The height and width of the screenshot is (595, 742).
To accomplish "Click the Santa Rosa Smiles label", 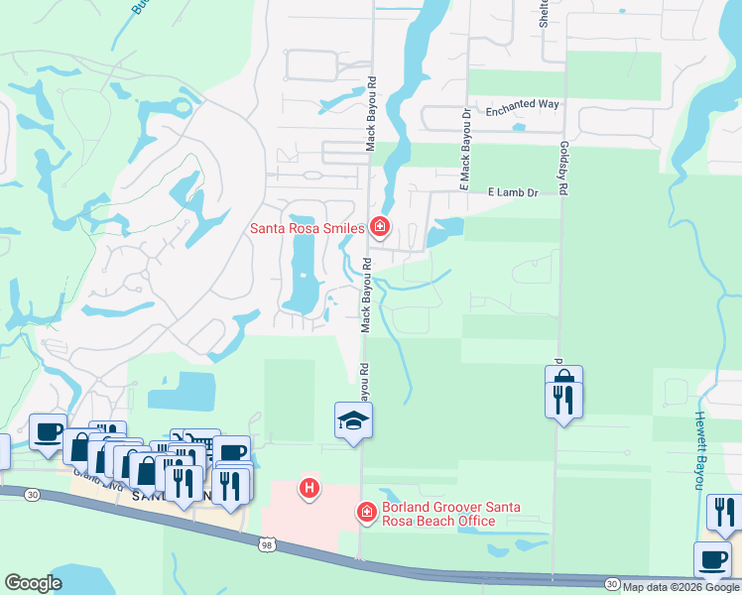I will pos(307,227).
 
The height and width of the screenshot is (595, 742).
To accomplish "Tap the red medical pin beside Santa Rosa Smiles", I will pos(380,227).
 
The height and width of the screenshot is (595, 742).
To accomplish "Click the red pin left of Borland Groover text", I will pos(366,510).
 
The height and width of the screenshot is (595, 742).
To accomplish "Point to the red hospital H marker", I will pos(310,488).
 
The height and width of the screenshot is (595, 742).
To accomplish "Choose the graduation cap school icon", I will pos(353,420).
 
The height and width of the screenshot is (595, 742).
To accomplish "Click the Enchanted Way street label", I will pos(523,104).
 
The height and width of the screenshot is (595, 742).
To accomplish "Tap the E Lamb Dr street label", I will pos(512,192).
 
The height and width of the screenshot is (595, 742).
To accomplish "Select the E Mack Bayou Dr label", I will pos(462,150).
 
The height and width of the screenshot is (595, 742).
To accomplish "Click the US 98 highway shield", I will pos(264,542).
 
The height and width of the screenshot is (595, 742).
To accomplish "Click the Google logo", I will pos(33,583).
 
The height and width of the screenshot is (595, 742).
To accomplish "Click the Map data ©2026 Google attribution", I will pos(681,587).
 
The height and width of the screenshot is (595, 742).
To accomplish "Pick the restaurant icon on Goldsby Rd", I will pos(563,399).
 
